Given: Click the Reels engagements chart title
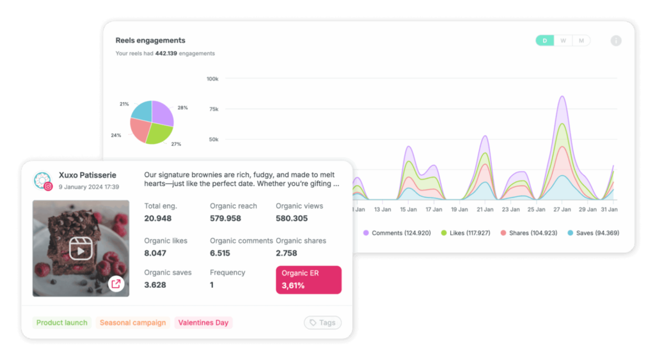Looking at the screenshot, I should click(x=150, y=40).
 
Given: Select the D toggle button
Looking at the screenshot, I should click(x=544, y=41).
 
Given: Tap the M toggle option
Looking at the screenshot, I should click(x=581, y=41).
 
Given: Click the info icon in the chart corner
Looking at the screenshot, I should click(x=616, y=41).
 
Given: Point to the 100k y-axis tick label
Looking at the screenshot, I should click(x=212, y=79).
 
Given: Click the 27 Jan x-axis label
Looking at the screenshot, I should click(x=562, y=209).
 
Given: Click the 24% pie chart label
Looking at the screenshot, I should click(x=116, y=136).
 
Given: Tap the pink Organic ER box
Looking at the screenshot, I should click(x=308, y=279).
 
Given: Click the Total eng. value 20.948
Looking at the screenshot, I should click(x=158, y=218).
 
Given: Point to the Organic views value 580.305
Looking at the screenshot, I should click(x=292, y=218).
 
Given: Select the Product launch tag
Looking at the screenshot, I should click(x=62, y=323).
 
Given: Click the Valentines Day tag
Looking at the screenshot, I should click(x=203, y=323).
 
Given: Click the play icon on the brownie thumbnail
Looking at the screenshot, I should click(x=81, y=249).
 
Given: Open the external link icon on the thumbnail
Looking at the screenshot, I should click(x=116, y=284).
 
